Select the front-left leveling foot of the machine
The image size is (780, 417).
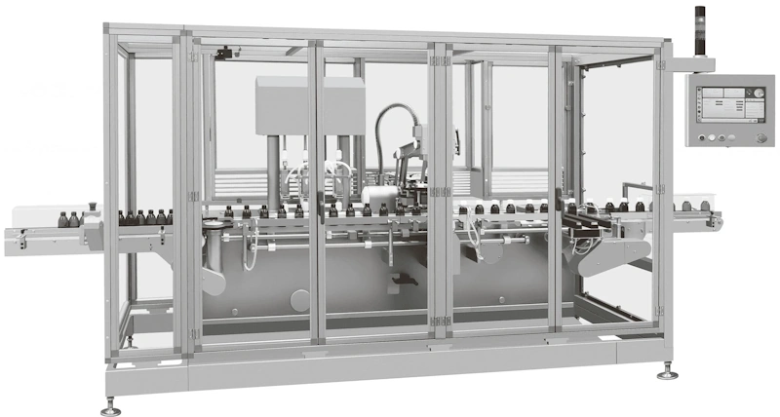coord(110,405)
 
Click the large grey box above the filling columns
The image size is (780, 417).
coord(310,105)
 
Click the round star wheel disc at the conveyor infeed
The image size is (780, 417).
coord(212,226)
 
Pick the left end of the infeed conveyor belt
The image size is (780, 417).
coord(12,238)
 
